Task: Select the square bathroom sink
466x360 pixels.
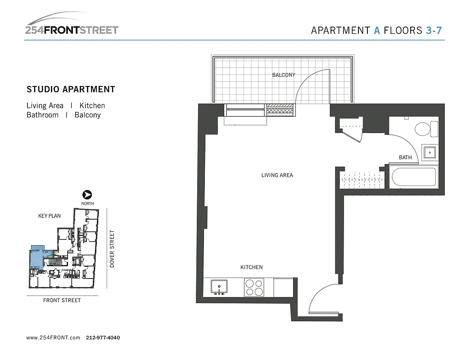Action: [x=430, y=153]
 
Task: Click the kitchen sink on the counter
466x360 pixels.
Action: [x=219, y=287]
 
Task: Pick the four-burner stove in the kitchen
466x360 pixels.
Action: [x=254, y=287]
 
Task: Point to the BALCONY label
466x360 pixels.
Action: [x=284, y=75]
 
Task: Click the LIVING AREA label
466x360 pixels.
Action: [x=277, y=175]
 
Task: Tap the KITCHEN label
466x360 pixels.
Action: [x=252, y=267]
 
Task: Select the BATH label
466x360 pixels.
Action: [x=405, y=157]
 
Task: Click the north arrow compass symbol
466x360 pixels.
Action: [x=87, y=195]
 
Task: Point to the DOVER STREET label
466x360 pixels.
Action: [x=113, y=249]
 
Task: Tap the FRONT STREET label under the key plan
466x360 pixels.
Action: [x=62, y=300]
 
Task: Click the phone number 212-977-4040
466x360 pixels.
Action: [x=103, y=337]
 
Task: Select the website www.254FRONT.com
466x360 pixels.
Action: [x=53, y=337]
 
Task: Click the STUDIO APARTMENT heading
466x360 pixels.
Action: [x=71, y=89]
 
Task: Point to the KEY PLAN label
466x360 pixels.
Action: [x=50, y=216]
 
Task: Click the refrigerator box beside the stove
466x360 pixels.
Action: [x=284, y=287]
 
